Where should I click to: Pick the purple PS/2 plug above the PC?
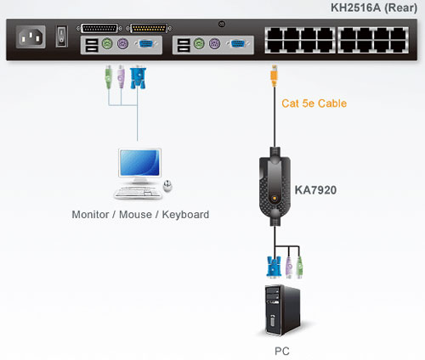[289, 266]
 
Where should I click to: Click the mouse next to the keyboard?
[167, 184]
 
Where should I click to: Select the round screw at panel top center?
[222, 24]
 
